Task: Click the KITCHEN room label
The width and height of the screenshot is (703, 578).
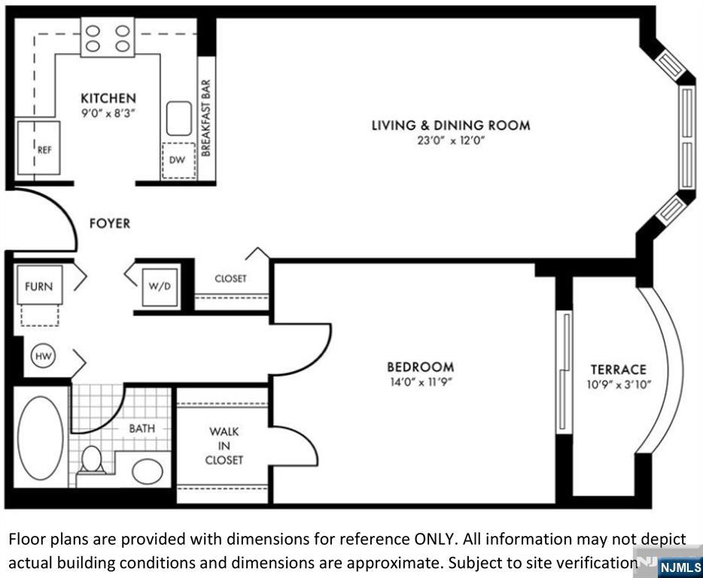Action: [108, 98]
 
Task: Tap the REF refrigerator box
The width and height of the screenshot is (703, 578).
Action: [38, 148]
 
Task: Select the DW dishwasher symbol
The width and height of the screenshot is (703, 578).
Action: [178, 160]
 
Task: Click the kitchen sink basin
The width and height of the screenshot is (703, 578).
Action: [179, 118]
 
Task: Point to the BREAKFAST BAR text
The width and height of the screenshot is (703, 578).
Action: [205, 118]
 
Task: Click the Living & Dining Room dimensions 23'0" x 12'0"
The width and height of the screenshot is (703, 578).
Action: [451, 140]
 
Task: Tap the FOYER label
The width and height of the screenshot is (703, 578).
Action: [110, 224]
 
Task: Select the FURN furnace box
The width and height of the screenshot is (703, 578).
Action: [39, 285]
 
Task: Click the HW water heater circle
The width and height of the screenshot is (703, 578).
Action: [44, 357]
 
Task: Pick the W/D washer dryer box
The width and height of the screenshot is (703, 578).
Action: [160, 287]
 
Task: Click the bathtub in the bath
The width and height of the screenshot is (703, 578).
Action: [41, 438]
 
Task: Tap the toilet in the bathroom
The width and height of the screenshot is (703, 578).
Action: [92, 459]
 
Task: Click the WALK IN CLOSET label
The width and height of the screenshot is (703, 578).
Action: [224, 446]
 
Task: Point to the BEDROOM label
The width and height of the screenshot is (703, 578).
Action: [421, 367]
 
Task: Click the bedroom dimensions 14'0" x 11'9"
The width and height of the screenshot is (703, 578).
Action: [420, 382]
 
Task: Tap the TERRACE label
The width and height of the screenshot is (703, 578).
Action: [619, 370]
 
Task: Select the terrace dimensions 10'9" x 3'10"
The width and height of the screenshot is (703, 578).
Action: [619, 385]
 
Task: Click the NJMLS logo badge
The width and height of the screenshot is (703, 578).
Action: [680, 567]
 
